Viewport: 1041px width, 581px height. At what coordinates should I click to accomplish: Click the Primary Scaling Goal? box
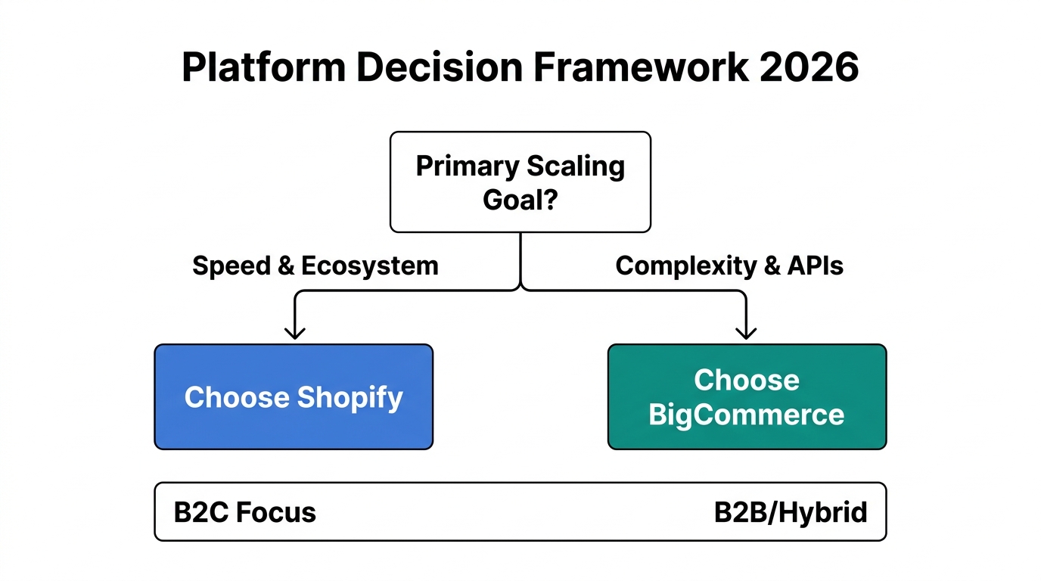pyautogui.click(x=520, y=182)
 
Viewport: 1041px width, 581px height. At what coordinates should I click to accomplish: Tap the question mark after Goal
pyautogui.click(x=551, y=200)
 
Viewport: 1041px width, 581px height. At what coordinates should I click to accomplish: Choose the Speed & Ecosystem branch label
pyautogui.click(x=315, y=266)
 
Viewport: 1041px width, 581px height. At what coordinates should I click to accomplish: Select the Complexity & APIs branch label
pyautogui.click(x=729, y=266)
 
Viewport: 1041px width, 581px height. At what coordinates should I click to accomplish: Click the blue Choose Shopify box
pyautogui.click(x=294, y=397)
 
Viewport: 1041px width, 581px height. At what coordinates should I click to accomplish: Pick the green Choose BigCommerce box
pyautogui.click(x=747, y=397)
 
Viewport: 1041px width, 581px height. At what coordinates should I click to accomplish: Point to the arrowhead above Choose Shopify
pyautogui.click(x=294, y=332)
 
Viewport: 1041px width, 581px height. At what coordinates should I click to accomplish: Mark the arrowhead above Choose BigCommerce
pyautogui.click(x=747, y=332)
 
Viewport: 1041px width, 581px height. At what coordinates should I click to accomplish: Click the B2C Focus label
pyautogui.click(x=245, y=512)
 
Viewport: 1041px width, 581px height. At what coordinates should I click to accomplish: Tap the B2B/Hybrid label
pyautogui.click(x=791, y=512)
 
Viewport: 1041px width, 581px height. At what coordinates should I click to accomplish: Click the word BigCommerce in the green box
pyautogui.click(x=747, y=415)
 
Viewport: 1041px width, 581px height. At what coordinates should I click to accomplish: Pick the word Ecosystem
pyautogui.click(x=370, y=266)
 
